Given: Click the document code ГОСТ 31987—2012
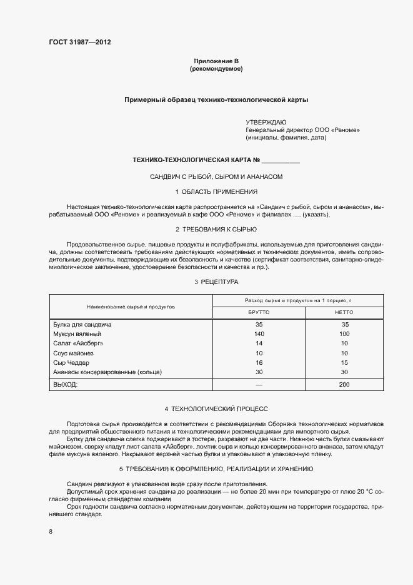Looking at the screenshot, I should click(x=79, y=43).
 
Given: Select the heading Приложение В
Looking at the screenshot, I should click(x=216, y=61).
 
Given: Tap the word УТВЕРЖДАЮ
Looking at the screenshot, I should click(x=266, y=121).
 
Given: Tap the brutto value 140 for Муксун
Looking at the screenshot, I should click(x=259, y=334).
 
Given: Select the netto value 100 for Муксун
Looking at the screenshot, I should click(x=344, y=334).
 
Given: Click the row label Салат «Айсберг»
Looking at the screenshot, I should click(x=78, y=343).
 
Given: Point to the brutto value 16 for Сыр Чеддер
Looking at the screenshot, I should click(x=259, y=363).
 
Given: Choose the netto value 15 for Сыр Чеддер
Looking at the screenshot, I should click(x=344, y=363).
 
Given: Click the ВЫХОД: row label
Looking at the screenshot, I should click(x=66, y=384).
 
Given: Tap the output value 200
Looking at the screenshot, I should click(x=344, y=384).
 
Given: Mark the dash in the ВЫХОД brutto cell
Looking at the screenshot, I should click(x=259, y=384).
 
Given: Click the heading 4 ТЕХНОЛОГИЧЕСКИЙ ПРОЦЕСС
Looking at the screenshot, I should click(x=216, y=409).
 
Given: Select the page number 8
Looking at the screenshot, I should click(x=51, y=532).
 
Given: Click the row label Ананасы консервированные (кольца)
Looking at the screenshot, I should click(x=108, y=372).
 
